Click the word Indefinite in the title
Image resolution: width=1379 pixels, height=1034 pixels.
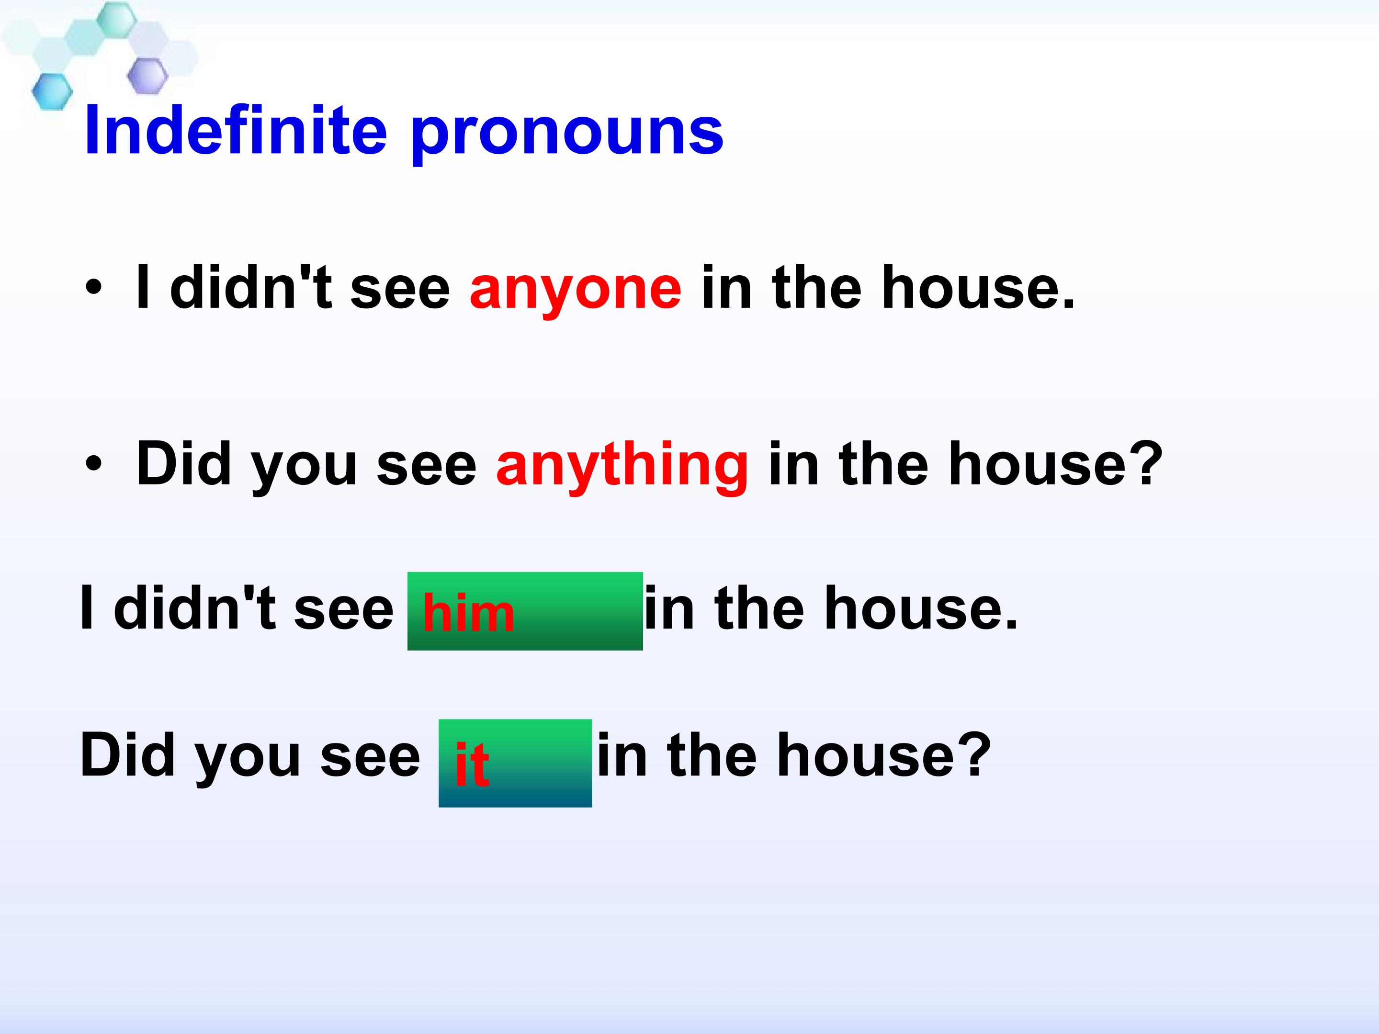(x=236, y=131)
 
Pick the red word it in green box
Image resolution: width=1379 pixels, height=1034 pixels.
(x=472, y=764)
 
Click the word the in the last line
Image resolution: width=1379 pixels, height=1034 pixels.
(x=712, y=755)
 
